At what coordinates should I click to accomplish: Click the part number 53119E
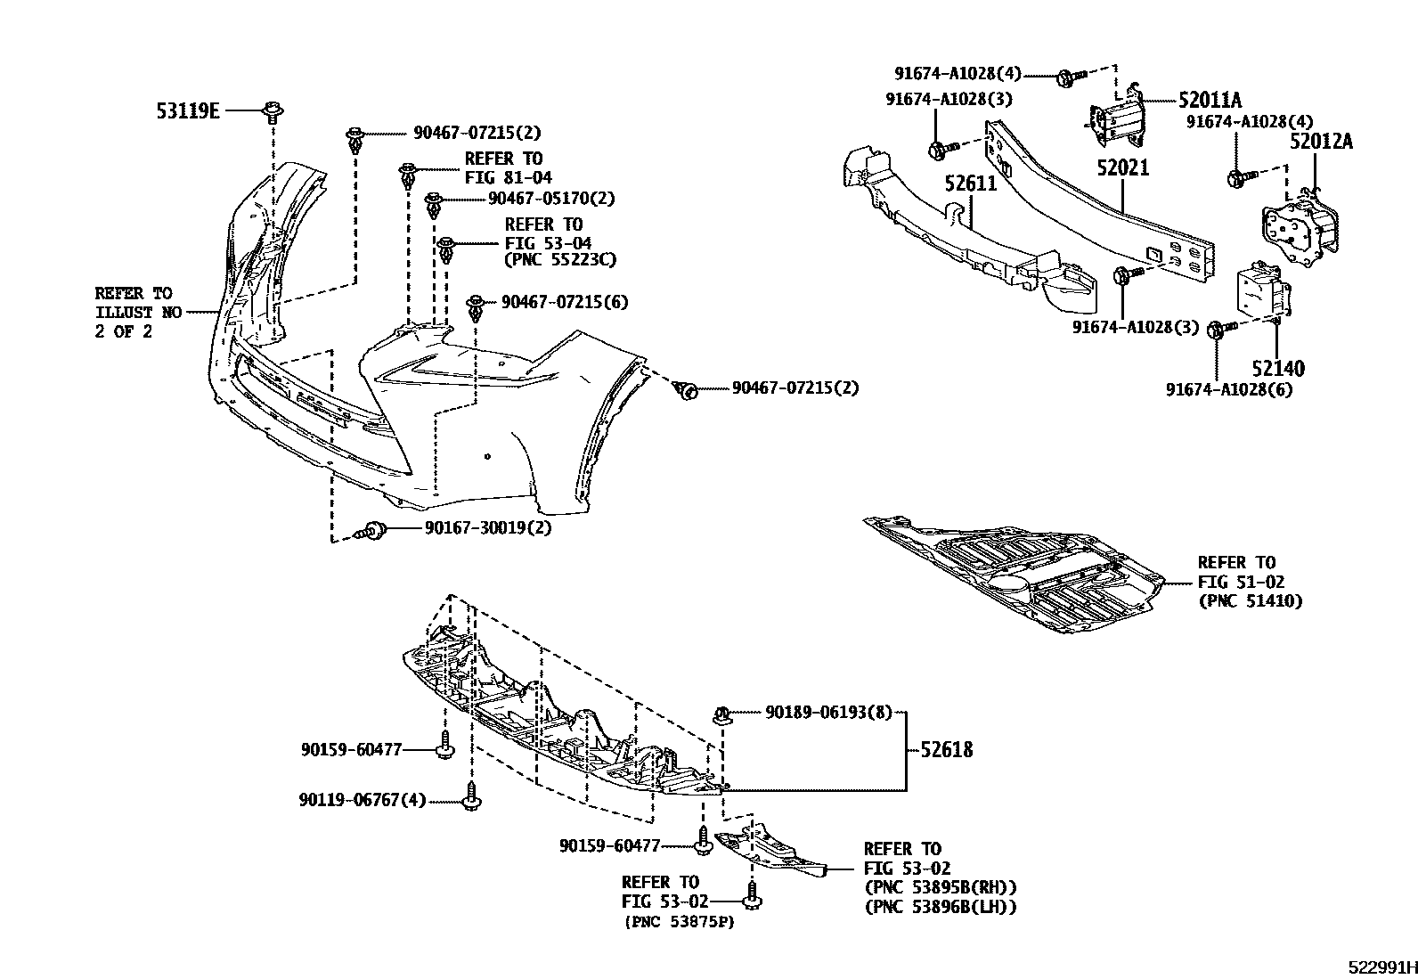(x=188, y=110)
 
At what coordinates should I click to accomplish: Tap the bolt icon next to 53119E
(x=272, y=111)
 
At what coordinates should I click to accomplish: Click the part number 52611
(x=971, y=184)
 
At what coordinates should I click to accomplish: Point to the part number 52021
(x=1123, y=167)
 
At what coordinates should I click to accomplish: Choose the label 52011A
(x=1210, y=101)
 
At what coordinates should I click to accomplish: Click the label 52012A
(x=1322, y=141)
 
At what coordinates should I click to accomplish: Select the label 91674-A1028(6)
(x=1229, y=389)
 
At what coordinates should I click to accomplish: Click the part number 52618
(x=947, y=750)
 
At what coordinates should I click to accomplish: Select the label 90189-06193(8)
(x=828, y=713)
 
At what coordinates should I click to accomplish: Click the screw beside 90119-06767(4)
(x=473, y=796)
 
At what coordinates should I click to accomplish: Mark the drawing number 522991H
(x=1381, y=968)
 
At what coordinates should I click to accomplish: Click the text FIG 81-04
(x=508, y=177)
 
